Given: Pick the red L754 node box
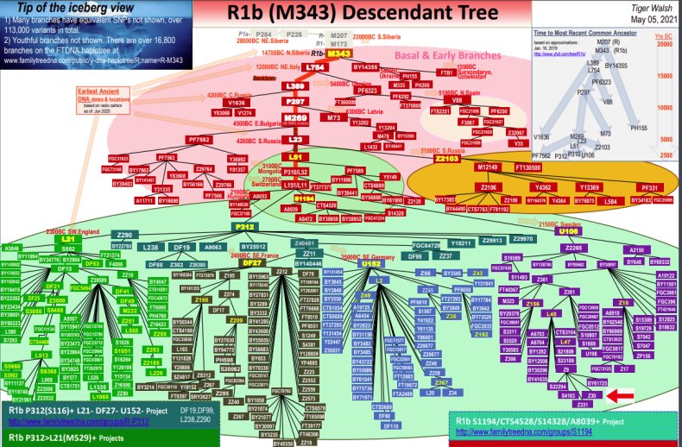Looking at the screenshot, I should coord(316,68).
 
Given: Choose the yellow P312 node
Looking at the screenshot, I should coord(243,227).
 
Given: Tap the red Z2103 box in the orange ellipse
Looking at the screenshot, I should coord(451,159).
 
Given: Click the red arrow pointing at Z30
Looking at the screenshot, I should coord(618,396).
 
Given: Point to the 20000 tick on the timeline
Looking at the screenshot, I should coord(663,46).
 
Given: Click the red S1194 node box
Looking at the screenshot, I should coord(303,198).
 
